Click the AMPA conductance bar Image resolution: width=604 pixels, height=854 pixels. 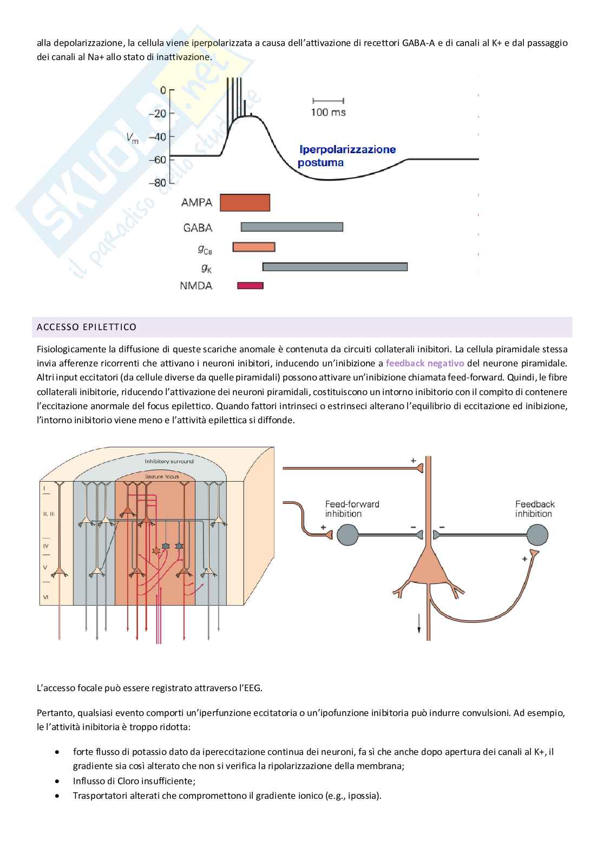[x=245, y=202]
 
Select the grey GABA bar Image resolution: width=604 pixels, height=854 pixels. [x=292, y=227]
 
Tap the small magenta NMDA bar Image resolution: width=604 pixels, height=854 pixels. [x=250, y=285]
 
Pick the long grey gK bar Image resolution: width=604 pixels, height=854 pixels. [x=334, y=266]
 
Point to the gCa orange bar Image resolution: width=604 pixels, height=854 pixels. [x=253, y=247]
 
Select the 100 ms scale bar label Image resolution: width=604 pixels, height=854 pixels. [x=328, y=113]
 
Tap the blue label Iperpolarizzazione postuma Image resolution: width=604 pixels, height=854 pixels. [x=347, y=155]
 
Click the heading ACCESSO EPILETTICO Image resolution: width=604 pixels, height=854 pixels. [x=87, y=327]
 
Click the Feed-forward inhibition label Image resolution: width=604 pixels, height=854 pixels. [x=352, y=509]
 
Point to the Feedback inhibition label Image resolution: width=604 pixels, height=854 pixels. [x=534, y=509]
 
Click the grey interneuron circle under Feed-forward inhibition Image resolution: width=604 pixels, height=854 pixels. [x=347, y=535]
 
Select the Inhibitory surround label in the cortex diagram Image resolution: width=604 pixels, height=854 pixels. [x=169, y=461]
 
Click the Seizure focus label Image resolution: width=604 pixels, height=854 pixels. [x=162, y=476]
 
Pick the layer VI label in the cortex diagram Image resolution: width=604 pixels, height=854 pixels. [x=45, y=597]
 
